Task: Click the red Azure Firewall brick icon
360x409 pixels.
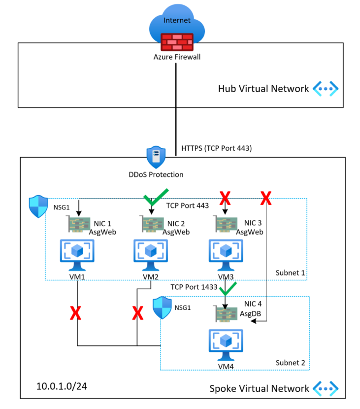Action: point(177,42)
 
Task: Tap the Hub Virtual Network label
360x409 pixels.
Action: point(263,89)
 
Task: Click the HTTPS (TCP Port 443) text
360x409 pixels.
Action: point(217,148)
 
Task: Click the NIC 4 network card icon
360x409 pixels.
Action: point(226,313)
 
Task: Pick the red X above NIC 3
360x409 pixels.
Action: point(226,199)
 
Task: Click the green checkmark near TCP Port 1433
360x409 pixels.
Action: point(228,288)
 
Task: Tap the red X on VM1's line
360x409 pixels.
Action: point(75,312)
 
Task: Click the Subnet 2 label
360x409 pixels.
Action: point(290,363)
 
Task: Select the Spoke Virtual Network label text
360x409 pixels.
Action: point(260,388)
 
